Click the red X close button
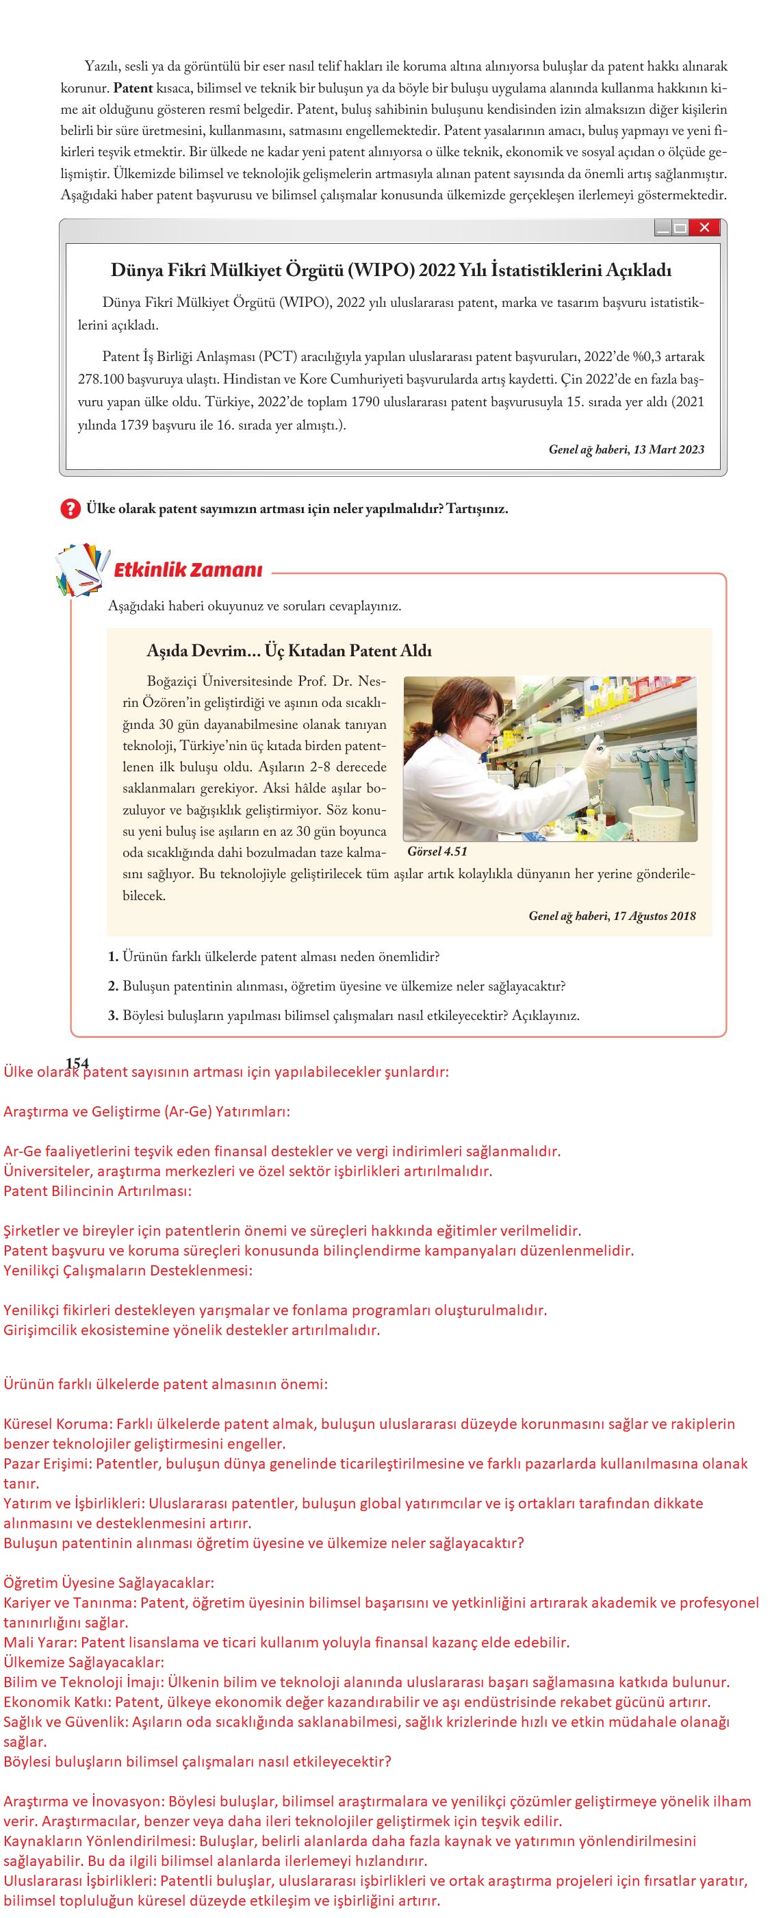(704, 227)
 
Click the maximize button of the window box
(680, 228)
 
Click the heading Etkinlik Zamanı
(188, 571)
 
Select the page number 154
(77, 1063)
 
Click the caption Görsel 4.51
(437, 851)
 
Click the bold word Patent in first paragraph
(133, 88)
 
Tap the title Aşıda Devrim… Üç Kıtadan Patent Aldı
(289, 651)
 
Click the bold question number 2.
(113, 986)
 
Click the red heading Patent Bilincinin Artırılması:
(97, 1191)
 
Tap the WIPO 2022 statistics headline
(391, 271)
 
